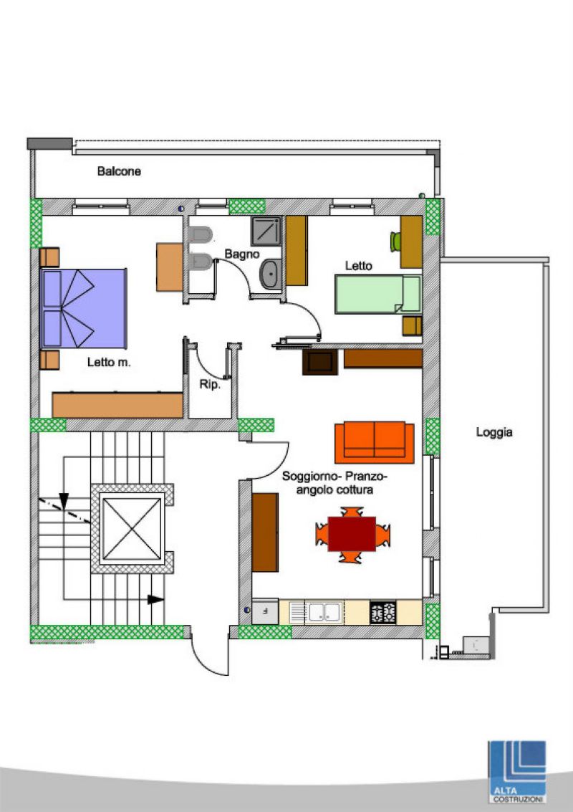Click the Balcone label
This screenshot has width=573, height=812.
tap(119, 171)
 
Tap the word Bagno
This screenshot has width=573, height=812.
tap(241, 254)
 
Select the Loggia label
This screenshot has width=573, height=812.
tap(494, 432)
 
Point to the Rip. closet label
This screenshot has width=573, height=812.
tap(210, 385)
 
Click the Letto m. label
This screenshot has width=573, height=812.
tap(109, 363)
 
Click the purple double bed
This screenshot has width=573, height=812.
tap(83, 308)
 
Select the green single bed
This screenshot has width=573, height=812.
tap(378, 294)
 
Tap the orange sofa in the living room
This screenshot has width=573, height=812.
tap(374, 441)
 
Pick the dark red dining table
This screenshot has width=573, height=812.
tap(352, 534)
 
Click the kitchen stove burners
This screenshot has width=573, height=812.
tap(383, 613)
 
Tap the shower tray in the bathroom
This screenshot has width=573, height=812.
tap(266, 231)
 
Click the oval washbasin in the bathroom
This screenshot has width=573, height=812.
tap(270, 274)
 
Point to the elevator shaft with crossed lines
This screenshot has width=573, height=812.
tap(132, 529)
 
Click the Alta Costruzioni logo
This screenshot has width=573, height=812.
tap(517, 772)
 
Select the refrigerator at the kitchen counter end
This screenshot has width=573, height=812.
tap(265, 612)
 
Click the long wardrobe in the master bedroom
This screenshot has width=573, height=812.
tap(117, 405)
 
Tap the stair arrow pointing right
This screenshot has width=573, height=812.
tap(156, 599)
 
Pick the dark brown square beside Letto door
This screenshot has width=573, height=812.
tap(320, 362)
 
